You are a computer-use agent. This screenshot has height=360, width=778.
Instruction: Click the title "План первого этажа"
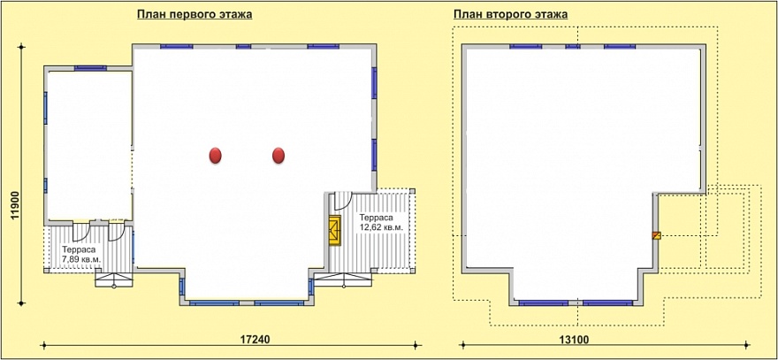(194, 14)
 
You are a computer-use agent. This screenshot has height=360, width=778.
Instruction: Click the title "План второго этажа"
(511, 14)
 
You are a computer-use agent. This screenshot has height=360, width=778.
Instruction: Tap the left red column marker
(215, 156)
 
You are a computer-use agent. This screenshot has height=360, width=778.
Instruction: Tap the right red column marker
(278, 156)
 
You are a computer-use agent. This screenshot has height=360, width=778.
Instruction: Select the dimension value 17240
(255, 340)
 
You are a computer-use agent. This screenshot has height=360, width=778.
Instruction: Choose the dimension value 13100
(575, 340)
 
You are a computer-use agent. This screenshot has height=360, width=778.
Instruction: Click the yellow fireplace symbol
(335, 230)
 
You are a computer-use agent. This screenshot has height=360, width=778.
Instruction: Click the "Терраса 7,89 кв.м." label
(81, 254)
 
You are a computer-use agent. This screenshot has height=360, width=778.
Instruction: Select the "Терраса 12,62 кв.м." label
(380, 222)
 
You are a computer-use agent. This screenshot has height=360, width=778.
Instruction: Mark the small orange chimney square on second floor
(656, 235)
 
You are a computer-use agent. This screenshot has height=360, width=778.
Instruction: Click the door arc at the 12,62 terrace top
(343, 201)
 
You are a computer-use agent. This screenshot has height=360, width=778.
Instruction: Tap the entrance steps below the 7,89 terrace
(114, 280)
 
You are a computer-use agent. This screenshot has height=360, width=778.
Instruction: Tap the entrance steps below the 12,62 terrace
(343, 280)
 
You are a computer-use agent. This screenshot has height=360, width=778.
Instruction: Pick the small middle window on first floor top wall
(243, 46)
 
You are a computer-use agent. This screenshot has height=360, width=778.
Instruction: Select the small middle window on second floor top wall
(573, 47)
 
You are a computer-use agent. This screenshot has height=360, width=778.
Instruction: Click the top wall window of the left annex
(90, 68)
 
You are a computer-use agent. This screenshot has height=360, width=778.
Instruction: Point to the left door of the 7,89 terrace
(80, 233)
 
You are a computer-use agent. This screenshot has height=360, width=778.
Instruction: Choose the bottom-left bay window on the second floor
(544, 303)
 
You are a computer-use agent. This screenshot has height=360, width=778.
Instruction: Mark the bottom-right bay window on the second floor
(608, 303)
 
